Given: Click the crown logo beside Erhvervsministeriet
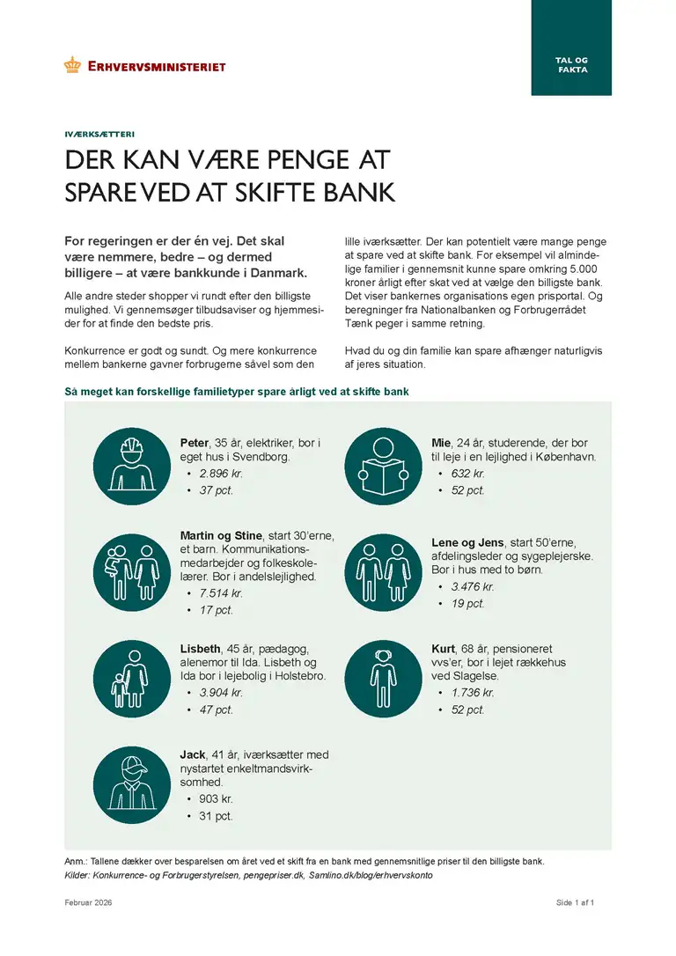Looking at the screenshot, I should [x=72, y=64].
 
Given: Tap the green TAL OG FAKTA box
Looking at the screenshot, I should [x=571, y=48].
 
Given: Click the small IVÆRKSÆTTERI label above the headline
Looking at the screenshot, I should [x=99, y=136].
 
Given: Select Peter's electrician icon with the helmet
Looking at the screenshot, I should [x=131, y=467].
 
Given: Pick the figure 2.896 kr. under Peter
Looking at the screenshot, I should [x=220, y=474].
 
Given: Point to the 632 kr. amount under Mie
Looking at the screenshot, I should [x=467, y=474].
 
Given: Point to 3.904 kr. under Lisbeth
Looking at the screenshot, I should [x=221, y=693].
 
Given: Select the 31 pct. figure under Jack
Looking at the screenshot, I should [x=216, y=816].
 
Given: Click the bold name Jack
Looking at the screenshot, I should [x=192, y=755].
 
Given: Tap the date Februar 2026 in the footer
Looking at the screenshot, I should [x=88, y=903].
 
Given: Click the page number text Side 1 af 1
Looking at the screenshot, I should [x=576, y=903].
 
